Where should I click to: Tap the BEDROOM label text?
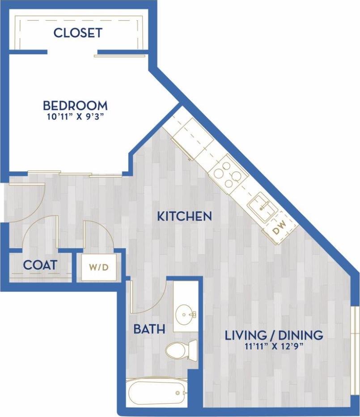pyautogui.click(x=75, y=106)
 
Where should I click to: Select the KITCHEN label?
pyautogui.click(x=184, y=217)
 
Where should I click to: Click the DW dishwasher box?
pyautogui.click(x=279, y=230)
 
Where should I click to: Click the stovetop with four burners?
pyautogui.click(x=228, y=174)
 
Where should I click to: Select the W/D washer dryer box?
pyautogui.click(x=99, y=268)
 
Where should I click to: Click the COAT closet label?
pyautogui.click(x=40, y=265)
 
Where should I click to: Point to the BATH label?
pyautogui.click(x=149, y=329)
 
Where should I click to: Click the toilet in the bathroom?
pyautogui.click(x=181, y=350)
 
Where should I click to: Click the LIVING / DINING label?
pyautogui.click(x=274, y=335)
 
